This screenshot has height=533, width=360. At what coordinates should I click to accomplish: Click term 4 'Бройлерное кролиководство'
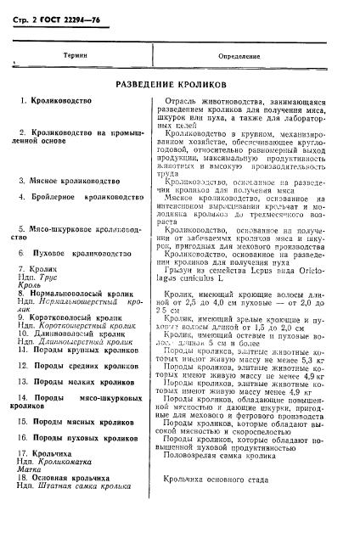[x=87, y=197]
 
